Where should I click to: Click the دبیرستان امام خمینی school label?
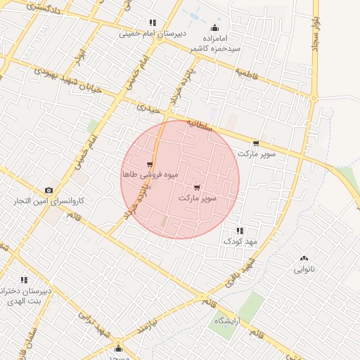(151, 33)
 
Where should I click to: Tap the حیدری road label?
(150, 109)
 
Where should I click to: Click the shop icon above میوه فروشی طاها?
(150, 165)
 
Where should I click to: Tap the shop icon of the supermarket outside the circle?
(255, 143)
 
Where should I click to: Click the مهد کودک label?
(241, 241)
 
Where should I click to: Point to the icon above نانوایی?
(304, 259)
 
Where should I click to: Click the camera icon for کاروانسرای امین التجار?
(49, 190)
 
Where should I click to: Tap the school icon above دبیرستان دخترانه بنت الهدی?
(25, 280)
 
